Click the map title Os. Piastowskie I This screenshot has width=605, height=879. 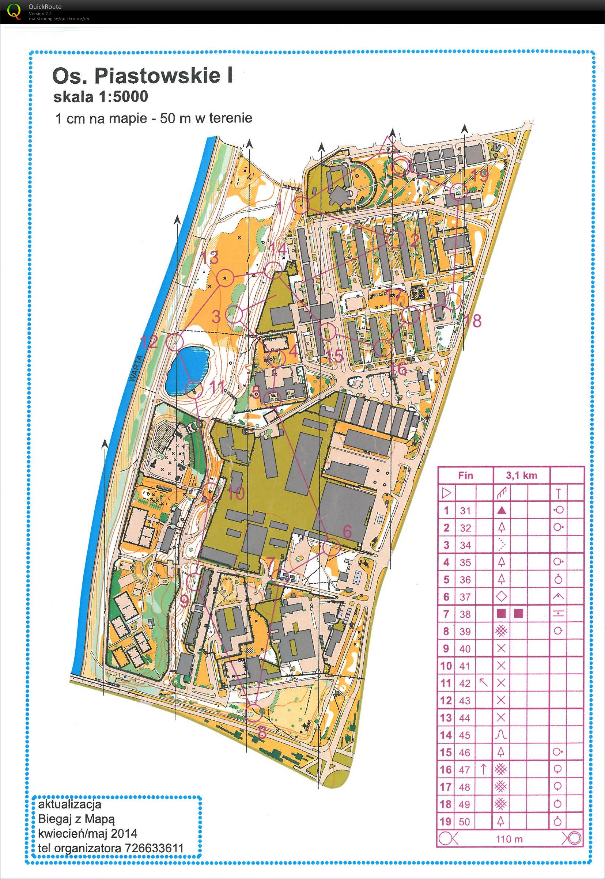click(x=142, y=75)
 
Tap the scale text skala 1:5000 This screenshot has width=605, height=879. click(x=101, y=96)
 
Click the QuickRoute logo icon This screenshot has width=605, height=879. click(x=14, y=11)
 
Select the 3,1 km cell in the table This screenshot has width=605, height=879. click(x=522, y=475)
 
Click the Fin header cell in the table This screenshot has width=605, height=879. click(x=465, y=475)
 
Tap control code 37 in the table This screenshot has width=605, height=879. click(x=465, y=596)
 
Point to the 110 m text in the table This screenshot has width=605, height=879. click(x=509, y=839)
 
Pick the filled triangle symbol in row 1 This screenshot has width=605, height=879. click(x=501, y=511)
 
